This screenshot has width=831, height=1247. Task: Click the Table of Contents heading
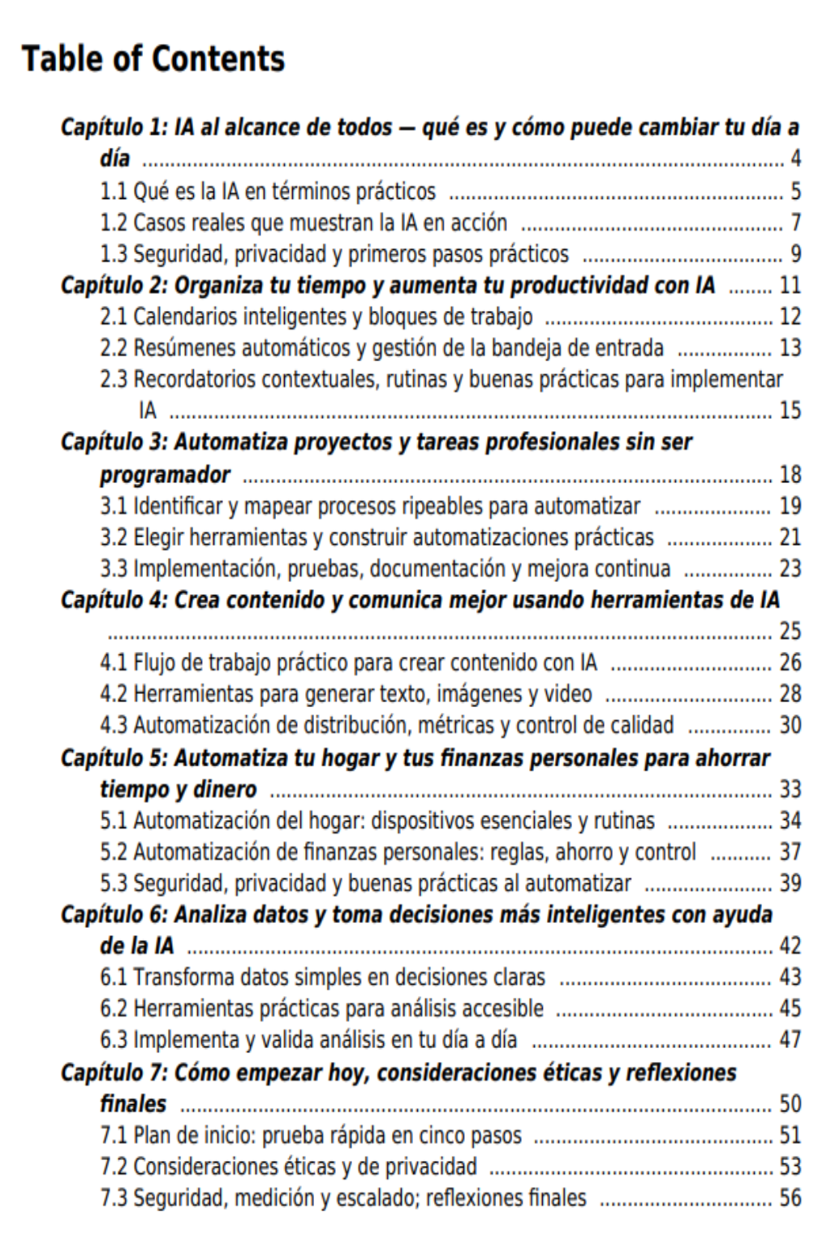tap(153, 59)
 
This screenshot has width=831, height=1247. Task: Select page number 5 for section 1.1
tap(795, 192)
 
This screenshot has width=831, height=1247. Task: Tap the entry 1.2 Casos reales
tap(304, 222)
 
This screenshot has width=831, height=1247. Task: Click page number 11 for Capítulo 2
tap(790, 286)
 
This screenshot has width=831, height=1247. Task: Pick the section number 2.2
tap(114, 348)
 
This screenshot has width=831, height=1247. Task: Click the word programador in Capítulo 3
tap(165, 474)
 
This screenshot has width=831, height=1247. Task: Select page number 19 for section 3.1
tap(790, 506)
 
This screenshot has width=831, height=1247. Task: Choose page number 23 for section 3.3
tap(790, 568)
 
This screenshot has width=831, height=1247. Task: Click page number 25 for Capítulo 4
tap(790, 631)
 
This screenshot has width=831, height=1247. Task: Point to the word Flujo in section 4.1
tap(153, 662)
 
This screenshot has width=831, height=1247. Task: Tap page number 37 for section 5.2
tap(790, 852)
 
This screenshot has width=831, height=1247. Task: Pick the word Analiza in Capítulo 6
tap(213, 915)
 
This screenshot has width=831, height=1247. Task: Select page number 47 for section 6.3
tap(790, 1040)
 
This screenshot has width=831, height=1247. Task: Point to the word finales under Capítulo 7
tap(133, 1104)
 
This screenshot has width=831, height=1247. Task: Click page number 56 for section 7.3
tap(790, 1198)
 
